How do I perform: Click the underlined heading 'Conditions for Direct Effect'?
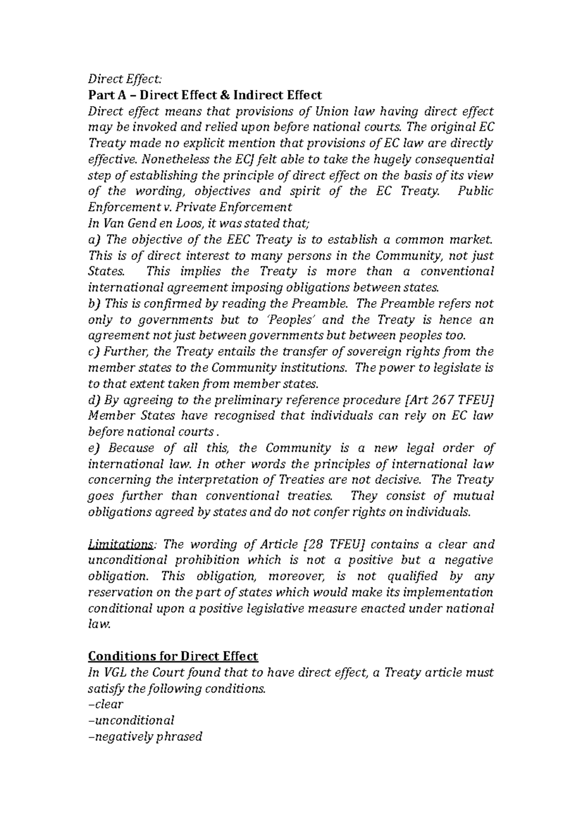(x=173, y=656)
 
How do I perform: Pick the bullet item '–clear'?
(x=105, y=704)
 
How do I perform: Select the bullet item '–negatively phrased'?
(x=145, y=737)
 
